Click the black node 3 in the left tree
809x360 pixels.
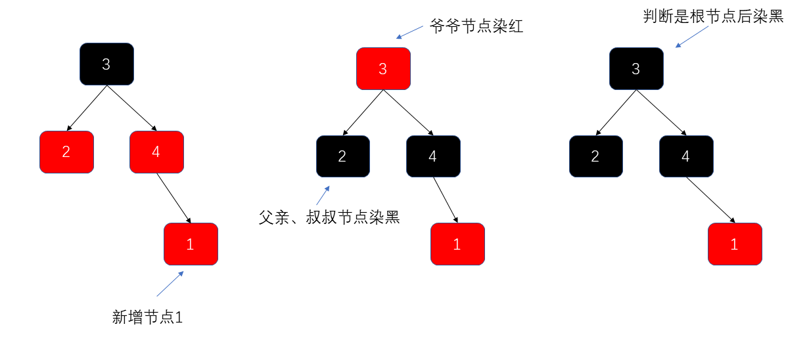click(106, 64)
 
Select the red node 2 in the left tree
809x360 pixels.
click(66, 152)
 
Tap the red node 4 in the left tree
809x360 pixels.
click(156, 152)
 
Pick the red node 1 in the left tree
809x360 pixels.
click(191, 244)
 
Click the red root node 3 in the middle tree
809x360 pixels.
click(383, 68)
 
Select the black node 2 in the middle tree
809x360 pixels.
click(342, 156)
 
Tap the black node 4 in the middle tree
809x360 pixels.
click(432, 156)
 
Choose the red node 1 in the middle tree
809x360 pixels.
click(457, 244)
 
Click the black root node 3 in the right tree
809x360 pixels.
click(636, 68)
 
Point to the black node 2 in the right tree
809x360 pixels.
click(595, 156)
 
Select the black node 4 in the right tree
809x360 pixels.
click(685, 156)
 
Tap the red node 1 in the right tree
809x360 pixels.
click(735, 244)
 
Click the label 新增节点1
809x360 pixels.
click(147, 317)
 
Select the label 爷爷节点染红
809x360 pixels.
click(476, 27)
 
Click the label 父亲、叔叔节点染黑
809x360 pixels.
click(329, 217)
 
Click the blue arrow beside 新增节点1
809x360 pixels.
click(170, 284)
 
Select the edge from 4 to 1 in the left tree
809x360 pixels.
click(173, 198)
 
